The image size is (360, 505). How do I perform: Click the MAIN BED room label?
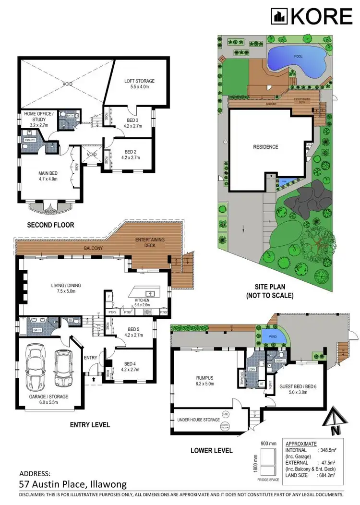coord(48,176)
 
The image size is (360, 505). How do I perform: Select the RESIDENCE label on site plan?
coord(265,147)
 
